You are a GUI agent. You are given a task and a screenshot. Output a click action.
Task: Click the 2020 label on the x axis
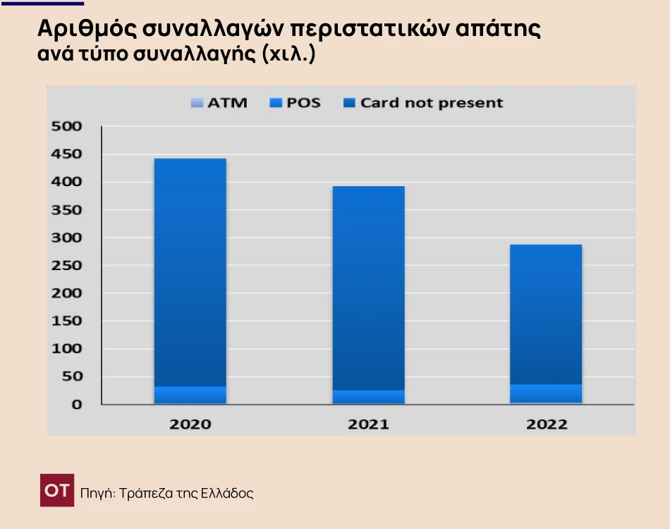[x=190, y=425]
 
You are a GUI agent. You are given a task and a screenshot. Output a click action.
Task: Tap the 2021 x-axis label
[x=368, y=425]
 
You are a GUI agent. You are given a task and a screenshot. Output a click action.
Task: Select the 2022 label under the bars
[x=547, y=425]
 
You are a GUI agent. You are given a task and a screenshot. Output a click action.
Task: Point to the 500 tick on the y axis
[x=68, y=127]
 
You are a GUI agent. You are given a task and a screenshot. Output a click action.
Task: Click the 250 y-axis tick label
[x=68, y=266]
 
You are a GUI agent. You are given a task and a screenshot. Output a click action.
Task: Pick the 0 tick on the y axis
[x=76, y=405]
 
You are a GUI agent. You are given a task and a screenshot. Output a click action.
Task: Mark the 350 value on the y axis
[x=68, y=210]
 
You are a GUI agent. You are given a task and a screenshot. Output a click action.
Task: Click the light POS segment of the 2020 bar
[x=190, y=395]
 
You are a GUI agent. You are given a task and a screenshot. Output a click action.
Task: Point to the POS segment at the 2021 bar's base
[x=368, y=397]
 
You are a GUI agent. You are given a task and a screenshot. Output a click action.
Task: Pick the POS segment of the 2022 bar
[x=547, y=394]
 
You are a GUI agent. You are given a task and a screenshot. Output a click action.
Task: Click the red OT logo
[x=57, y=491]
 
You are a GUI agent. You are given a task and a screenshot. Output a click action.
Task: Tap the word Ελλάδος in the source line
[x=227, y=493]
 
